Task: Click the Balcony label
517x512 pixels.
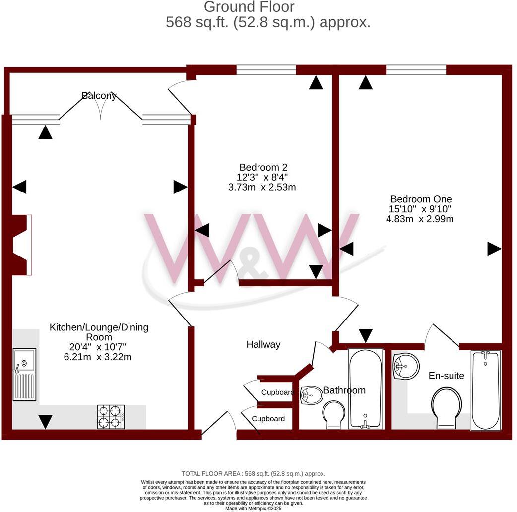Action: pos(99,96)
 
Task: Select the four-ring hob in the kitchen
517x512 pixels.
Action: pos(111,416)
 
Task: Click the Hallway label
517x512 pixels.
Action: pos(263,344)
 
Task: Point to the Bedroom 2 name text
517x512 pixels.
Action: pos(263,167)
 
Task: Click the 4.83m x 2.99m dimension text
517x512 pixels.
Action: pos(420,219)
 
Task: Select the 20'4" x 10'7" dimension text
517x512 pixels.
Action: pos(99,347)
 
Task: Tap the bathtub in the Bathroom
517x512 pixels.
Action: pos(365,388)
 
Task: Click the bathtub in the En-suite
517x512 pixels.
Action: pos(485,389)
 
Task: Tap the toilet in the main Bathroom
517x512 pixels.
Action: pos(333,414)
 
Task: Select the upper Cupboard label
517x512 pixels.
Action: pos(278,392)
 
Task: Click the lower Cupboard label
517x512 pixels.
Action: pos(268,419)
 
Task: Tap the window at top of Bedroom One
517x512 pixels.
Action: pos(416,70)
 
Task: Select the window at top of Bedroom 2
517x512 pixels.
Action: pos(266,70)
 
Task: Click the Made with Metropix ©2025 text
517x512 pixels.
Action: pos(253,508)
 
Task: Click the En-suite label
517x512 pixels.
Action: pos(447,376)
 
